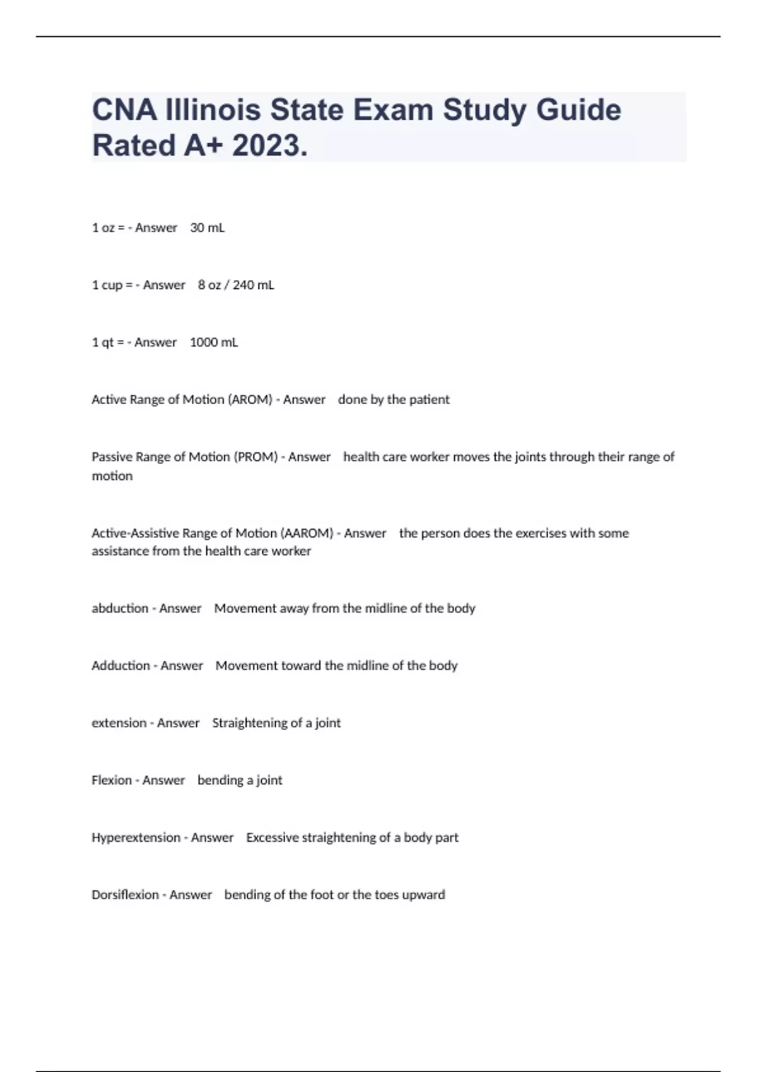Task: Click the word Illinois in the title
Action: [211, 110]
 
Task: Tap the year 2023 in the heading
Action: [269, 146]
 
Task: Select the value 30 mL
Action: [207, 228]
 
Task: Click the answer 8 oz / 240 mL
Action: [236, 285]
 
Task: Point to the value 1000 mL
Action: [214, 342]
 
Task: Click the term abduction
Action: [120, 609]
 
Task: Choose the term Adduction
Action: [120, 666]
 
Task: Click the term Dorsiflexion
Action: [125, 895]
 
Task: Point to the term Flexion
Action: [112, 781]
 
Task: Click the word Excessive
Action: [272, 837]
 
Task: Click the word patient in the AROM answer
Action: [429, 400]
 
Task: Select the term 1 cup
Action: [107, 285]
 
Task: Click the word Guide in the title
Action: [578, 110]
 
